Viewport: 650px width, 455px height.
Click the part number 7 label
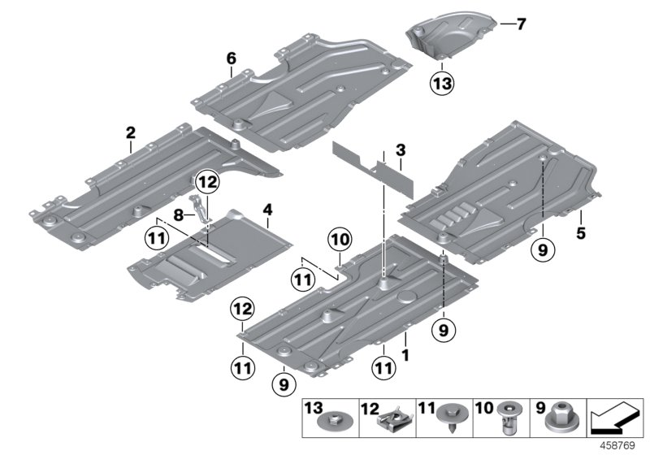pos(520,24)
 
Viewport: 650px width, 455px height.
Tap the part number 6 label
pos(232,58)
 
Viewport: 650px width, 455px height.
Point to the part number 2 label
pos(130,130)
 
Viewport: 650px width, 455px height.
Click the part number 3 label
pos(400,150)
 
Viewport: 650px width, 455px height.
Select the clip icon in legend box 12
pos(388,420)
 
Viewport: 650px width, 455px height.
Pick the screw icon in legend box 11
pos(448,420)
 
